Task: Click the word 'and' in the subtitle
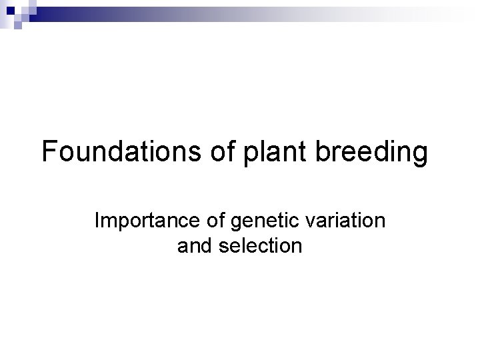pyautogui.click(x=194, y=246)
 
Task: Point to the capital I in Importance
pyautogui.click(x=98, y=221)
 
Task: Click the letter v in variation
pyautogui.click(x=305, y=222)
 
